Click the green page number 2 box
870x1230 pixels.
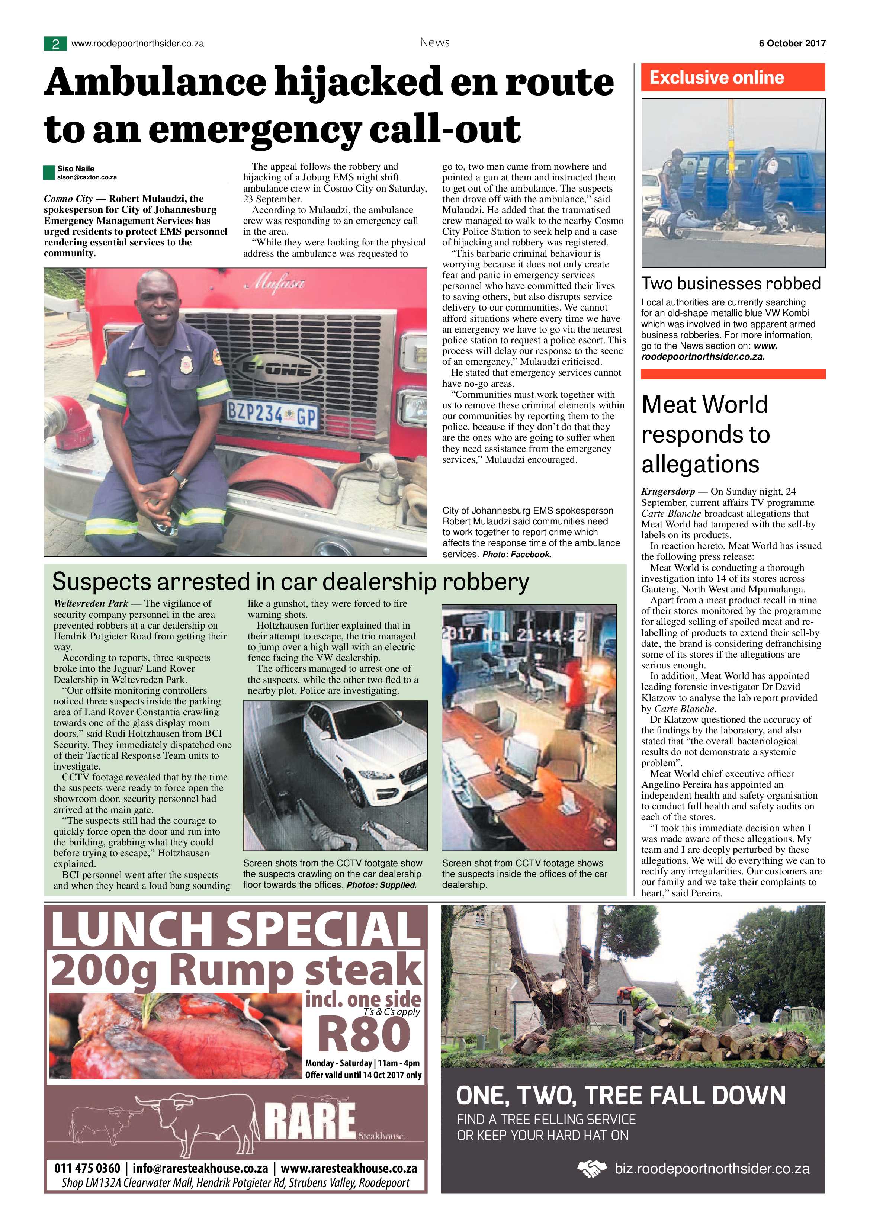coord(55,44)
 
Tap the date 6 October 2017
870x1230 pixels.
coord(792,44)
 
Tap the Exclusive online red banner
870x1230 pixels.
coord(733,78)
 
